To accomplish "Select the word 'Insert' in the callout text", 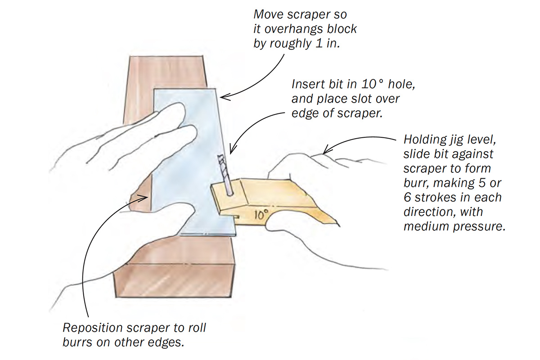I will (308, 85).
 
